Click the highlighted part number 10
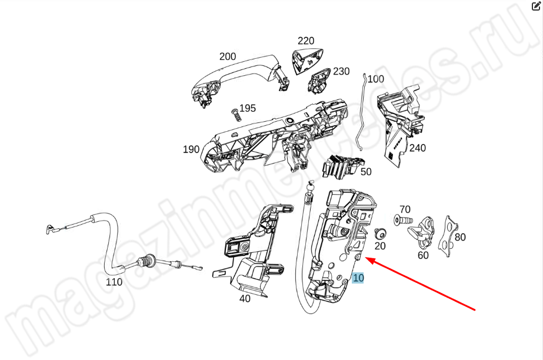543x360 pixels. click(358, 278)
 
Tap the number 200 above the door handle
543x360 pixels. click(228, 57)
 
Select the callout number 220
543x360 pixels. click(306, 41)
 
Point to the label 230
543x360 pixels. click(341, 71)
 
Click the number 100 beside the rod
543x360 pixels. click(375, 79)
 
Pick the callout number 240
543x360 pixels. click(417, 148)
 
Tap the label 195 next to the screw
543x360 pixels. click(248, 108)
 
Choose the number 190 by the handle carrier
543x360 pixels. click(191, 149)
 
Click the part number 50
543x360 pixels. click(366, 172)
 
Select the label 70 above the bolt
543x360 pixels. click(405, 209)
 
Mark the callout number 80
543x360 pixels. click(460, 238)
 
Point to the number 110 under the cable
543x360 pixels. click(114, 282)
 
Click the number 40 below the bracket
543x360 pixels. click(245, 298)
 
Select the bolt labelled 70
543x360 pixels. click(401, 220)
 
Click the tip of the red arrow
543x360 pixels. click(367, 259)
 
